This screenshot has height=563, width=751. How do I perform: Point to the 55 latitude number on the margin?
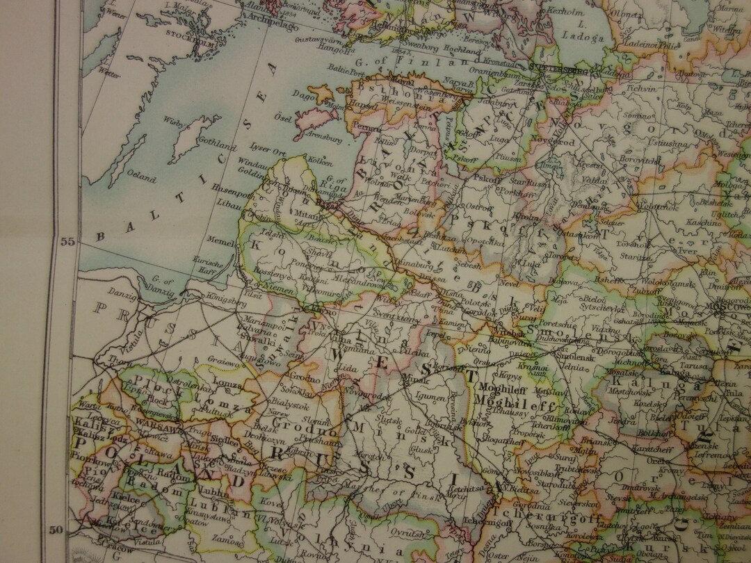(x=67, y=242)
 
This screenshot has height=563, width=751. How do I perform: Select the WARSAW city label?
(x=154, y=422)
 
